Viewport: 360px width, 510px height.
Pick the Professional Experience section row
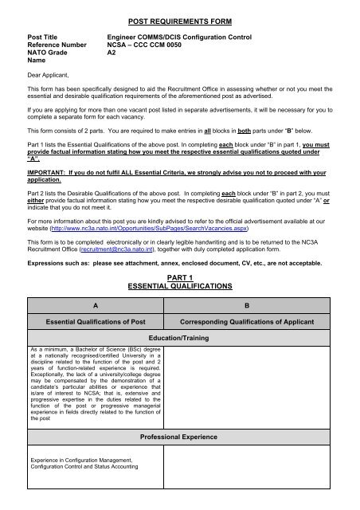tap(178, 437)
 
